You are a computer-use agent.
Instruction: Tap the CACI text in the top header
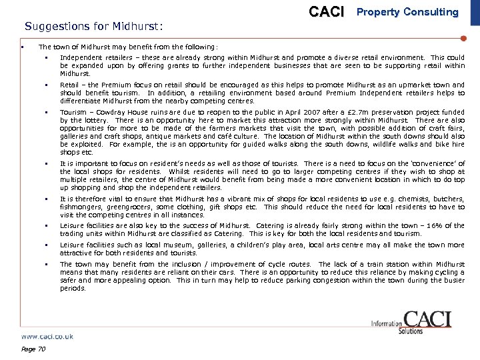pos(327,12)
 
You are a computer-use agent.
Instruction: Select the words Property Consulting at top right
pos(408,12)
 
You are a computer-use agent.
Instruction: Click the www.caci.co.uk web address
pos(47,337)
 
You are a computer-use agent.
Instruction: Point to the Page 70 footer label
pos(33,349)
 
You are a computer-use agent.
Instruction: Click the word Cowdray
pos(105,113)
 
